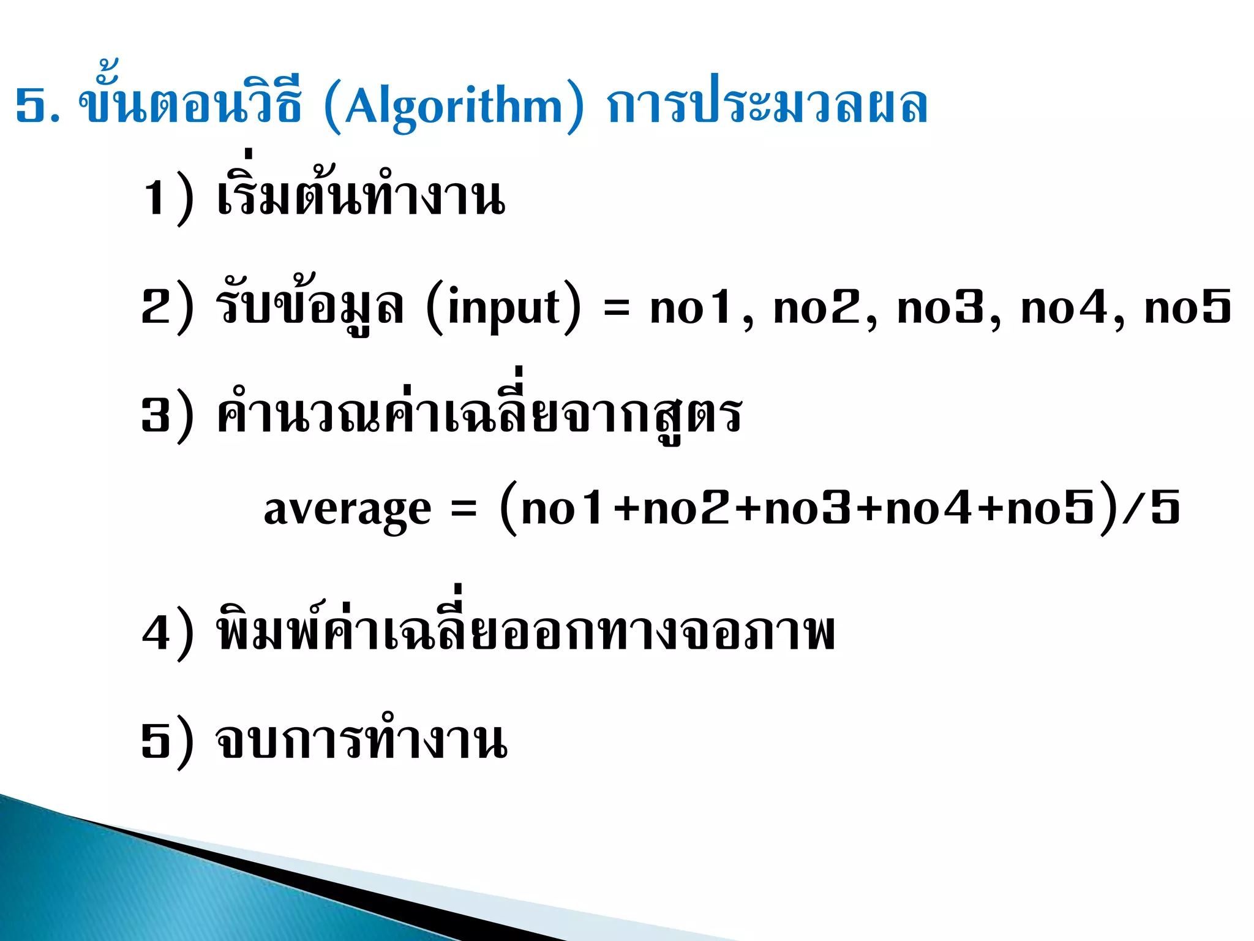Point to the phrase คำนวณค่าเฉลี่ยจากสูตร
tap(479, 414)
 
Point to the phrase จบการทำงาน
tap(361, 741)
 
